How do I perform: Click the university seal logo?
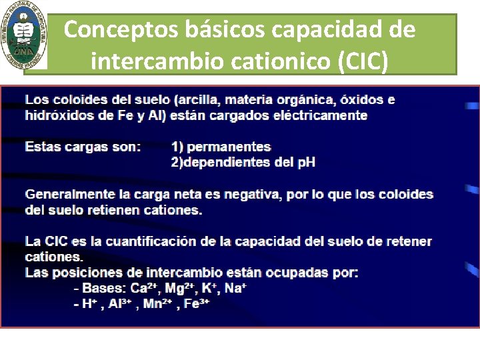[24, 35]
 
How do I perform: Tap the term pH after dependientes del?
[306, 162]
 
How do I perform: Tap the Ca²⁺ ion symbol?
[143, 288]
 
